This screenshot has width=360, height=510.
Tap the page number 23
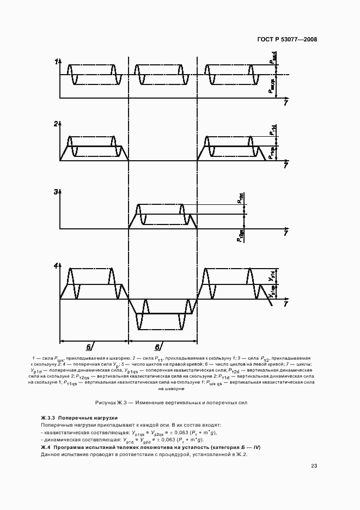click(314, 465)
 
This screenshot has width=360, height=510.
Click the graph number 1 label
click(56, 62)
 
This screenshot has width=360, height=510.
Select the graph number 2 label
click(56, 124)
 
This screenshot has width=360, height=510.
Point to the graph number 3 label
click(56, 192)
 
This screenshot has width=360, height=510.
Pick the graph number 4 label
click(56, 266)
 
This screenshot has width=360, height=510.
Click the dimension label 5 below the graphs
click(88, 347)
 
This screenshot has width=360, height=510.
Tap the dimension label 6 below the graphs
click(157, 347)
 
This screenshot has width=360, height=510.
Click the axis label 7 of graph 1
click(285, 102)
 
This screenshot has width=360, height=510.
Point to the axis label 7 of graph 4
click(285, 305)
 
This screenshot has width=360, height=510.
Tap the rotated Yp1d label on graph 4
click(271, 277)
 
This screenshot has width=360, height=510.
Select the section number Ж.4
click(46, 447)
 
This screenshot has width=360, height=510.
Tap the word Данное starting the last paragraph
click(50, 454)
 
